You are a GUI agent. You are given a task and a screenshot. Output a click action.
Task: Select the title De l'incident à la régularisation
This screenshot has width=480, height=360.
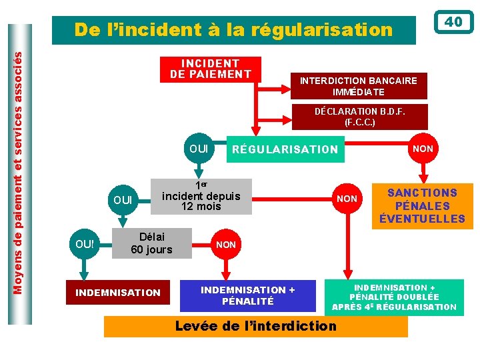233,30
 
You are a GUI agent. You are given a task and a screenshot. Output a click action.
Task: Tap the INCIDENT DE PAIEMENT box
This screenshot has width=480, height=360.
211,69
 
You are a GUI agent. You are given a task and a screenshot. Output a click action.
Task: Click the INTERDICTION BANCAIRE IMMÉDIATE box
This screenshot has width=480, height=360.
358,86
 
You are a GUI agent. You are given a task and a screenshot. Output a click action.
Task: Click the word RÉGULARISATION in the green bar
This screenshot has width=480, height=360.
285,149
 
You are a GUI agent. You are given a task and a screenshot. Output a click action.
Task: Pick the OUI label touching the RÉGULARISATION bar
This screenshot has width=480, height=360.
199,148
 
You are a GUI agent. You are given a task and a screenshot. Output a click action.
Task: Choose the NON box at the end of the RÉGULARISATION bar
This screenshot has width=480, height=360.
423,149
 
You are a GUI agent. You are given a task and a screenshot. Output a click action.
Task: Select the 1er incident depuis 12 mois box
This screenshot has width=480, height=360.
201,197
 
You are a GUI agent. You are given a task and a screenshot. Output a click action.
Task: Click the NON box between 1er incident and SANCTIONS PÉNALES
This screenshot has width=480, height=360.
347,199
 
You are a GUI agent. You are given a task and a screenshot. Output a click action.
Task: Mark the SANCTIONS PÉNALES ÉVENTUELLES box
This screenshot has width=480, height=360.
422,206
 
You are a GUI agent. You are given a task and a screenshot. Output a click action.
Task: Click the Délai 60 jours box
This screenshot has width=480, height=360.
151,243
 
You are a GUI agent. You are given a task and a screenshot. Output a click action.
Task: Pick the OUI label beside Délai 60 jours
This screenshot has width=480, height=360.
85,244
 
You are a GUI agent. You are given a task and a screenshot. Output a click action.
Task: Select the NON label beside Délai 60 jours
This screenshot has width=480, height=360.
226,245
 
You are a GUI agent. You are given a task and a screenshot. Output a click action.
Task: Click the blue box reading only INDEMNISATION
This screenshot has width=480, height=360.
118,292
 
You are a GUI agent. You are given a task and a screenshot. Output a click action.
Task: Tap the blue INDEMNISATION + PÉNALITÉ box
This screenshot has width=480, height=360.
247,295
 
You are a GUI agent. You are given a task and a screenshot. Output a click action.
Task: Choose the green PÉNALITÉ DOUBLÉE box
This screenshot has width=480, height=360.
394,297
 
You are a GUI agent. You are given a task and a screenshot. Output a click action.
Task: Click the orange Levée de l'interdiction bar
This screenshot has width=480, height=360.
255,326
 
